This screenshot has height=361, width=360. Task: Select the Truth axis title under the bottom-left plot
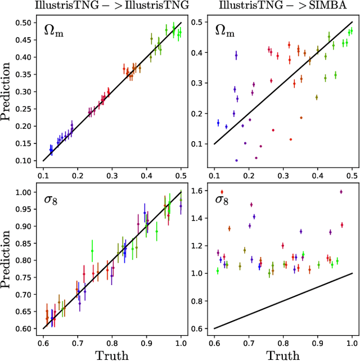click(112, 354)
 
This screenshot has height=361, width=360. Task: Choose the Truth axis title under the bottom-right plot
click(283, 354)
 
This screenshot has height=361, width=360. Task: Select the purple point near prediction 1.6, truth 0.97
click(341, 192)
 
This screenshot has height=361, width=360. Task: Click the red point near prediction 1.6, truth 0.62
click(222, 192)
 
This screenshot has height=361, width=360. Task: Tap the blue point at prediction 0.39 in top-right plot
click(236, 55)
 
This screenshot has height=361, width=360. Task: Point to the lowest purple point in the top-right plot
click(236, 160)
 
